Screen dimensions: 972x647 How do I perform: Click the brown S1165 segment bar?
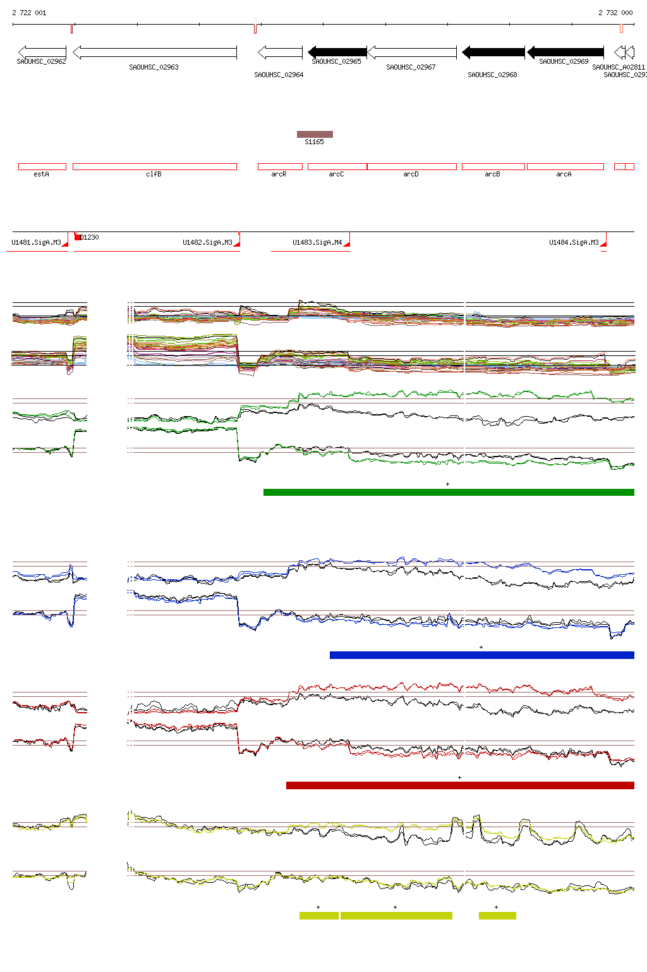click(x=315, y=134)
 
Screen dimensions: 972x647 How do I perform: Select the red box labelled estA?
click(x=42, y=167)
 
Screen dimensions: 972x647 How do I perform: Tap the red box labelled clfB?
click(x=155, y=167)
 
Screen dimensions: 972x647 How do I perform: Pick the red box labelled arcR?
click(x=280, y=167)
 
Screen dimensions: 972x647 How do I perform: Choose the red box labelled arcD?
click(x=411, y=167)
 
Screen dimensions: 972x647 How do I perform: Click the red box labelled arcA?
click(x=565, y=167)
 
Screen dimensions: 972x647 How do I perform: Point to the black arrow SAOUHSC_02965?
click(x=337, y=52)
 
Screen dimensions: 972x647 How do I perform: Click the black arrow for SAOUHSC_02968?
click(x=493, y=52)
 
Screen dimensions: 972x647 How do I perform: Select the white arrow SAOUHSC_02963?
click(x=155, y=52)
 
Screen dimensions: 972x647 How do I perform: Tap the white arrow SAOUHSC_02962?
click(x=42, y=52)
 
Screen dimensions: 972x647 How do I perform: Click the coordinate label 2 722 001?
click(x=29, y=13)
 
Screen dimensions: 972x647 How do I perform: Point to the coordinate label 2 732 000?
click(x=615, y=13)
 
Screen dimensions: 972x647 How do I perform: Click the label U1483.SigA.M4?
click(x=317, y=242)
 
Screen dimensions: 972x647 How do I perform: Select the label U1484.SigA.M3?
click(x=574, y=242)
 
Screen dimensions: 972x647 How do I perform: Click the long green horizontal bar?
click(x=449, y=493)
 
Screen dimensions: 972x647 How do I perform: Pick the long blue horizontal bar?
click(x=481, y=656)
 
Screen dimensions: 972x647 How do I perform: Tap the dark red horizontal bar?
click(x=460, y=785)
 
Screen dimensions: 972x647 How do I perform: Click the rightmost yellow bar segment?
click(x=497, y=916)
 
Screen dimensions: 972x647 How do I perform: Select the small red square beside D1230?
click(x=78, y=237)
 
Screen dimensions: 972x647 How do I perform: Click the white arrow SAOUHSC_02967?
click(x=411, y=52)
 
